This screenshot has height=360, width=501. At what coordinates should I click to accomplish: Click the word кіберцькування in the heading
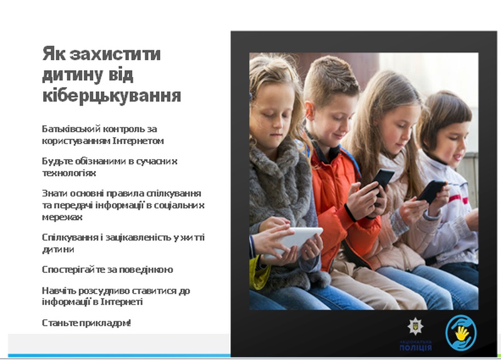click(x=111, y=95)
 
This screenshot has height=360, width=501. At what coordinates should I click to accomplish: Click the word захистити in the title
click(x=115, y=54)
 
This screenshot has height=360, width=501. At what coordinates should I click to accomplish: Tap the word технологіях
click(x=69, y=173)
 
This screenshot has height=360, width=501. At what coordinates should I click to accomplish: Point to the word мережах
click(x=62, y=217)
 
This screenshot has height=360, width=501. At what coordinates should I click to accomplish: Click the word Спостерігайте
click(x=72, y=270)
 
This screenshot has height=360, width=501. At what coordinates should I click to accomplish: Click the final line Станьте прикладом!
click(x=86, y=323)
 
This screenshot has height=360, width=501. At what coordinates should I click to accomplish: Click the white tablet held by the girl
click(x=294, y=242)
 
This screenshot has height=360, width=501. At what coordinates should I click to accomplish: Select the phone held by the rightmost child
click(x=431, y=191)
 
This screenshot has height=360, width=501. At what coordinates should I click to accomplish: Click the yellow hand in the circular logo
click(x=462, y=333)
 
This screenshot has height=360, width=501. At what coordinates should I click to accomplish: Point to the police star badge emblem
click(x=415, y=326)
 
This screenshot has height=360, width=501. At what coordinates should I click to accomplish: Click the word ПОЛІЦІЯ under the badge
click(x=415, y=347)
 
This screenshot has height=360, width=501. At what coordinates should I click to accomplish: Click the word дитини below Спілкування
click(x=58, y=249)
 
